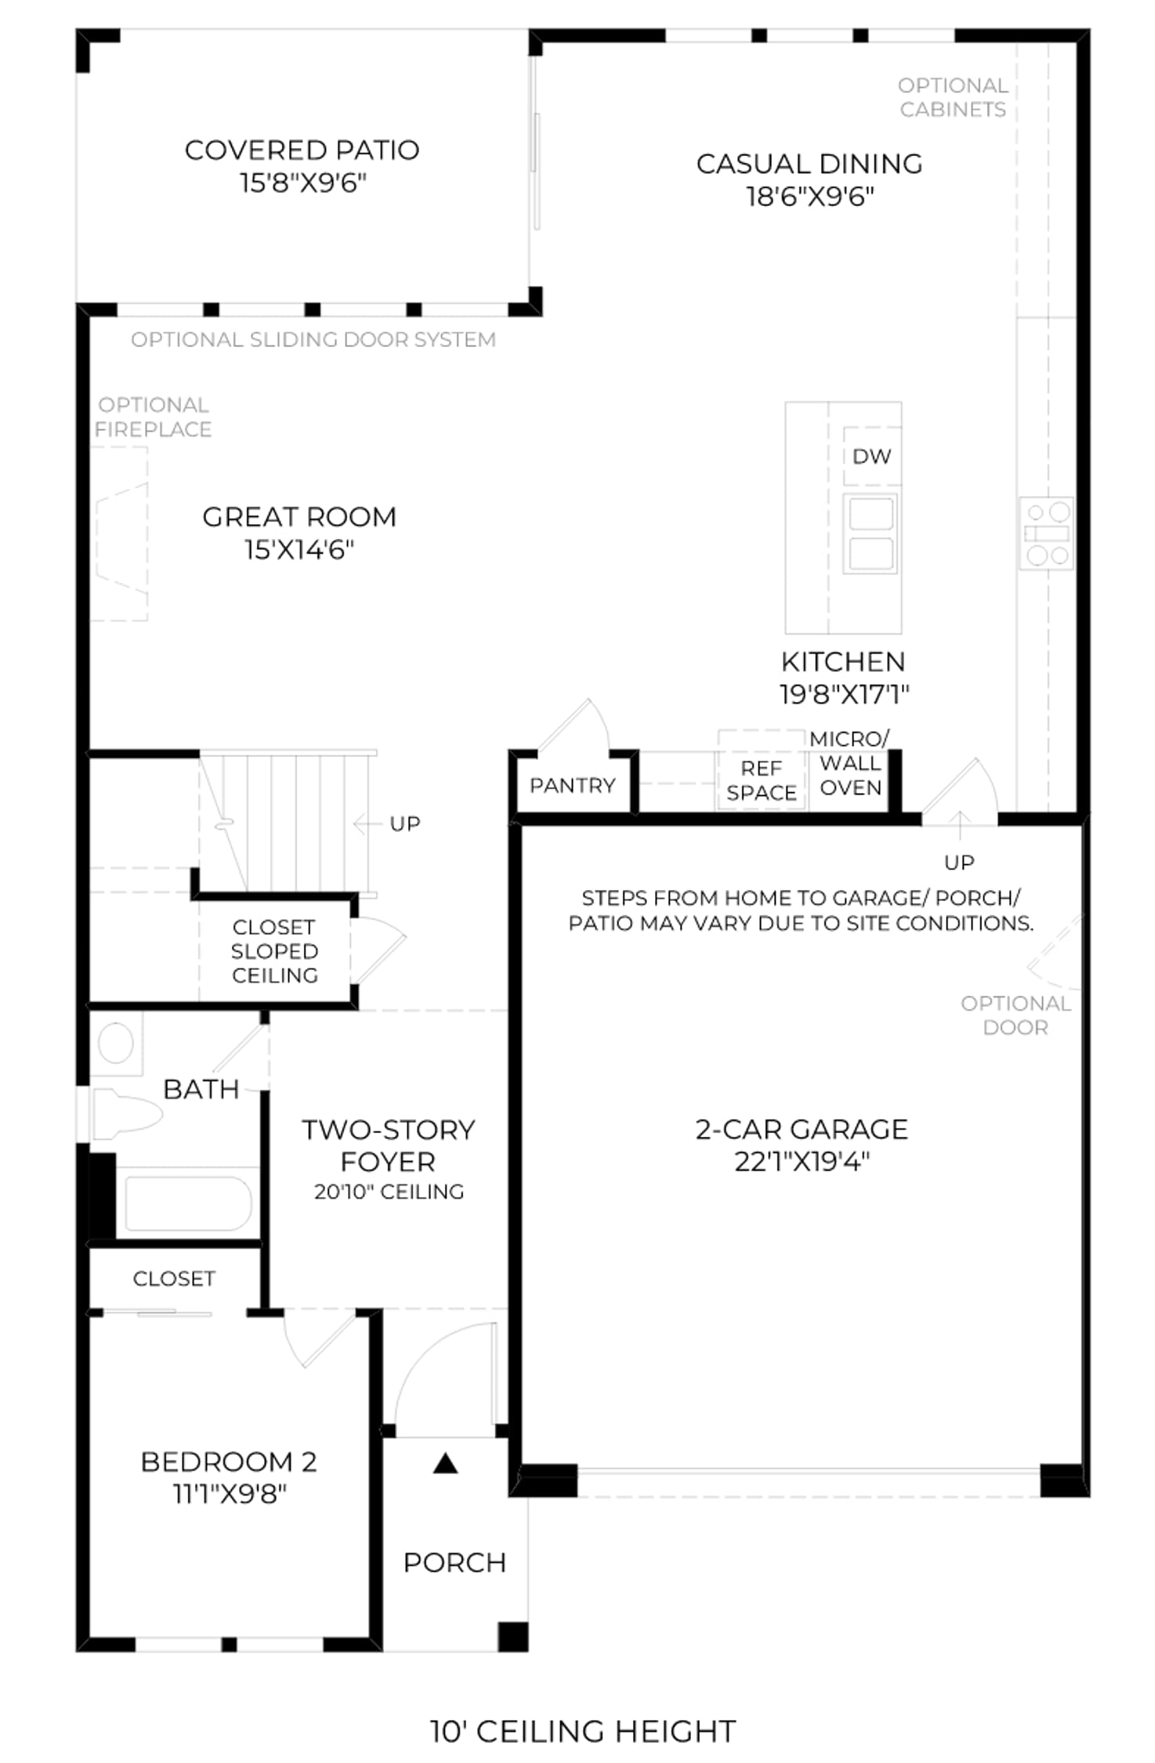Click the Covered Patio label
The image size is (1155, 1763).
tap(302, 150)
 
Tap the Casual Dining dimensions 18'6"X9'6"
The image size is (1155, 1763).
tap(809, 196)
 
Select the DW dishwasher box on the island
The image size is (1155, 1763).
tap(871, 456)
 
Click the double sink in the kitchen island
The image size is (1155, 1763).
tap(871, 533)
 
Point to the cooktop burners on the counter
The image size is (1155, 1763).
tap(1047, 533)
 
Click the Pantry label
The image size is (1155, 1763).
tap(573, 785)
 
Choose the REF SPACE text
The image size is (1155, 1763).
tap(762, 780)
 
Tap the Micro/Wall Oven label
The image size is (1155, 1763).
tap(850, 763)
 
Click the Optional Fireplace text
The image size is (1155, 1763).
tap(154, 417)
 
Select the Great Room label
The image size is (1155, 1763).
tap(299, 517)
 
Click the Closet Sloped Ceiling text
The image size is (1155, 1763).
tap(274, 951)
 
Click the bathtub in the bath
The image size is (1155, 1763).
tap(188, 1204)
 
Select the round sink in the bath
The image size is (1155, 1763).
tap(116, 1044)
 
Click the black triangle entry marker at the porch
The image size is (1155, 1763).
tap(446, 1463)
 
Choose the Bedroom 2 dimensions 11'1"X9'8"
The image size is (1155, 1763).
tap(230, 1494)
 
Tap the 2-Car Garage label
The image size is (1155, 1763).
tap(802, 1129)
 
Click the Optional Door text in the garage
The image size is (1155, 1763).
tap(1016, 1015)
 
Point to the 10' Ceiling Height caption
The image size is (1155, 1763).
tap(583, 1731)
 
